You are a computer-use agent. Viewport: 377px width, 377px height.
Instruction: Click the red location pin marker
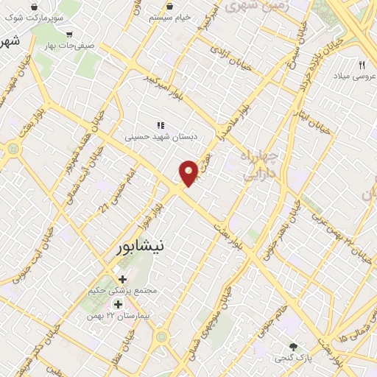[x=189, y=172]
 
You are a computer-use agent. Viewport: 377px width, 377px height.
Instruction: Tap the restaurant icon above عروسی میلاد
[x=362, y=65]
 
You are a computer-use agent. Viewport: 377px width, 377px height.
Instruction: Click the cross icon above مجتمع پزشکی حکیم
[x=122, y=279]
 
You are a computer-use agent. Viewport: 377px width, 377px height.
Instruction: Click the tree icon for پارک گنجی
[x=295, y=346]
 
